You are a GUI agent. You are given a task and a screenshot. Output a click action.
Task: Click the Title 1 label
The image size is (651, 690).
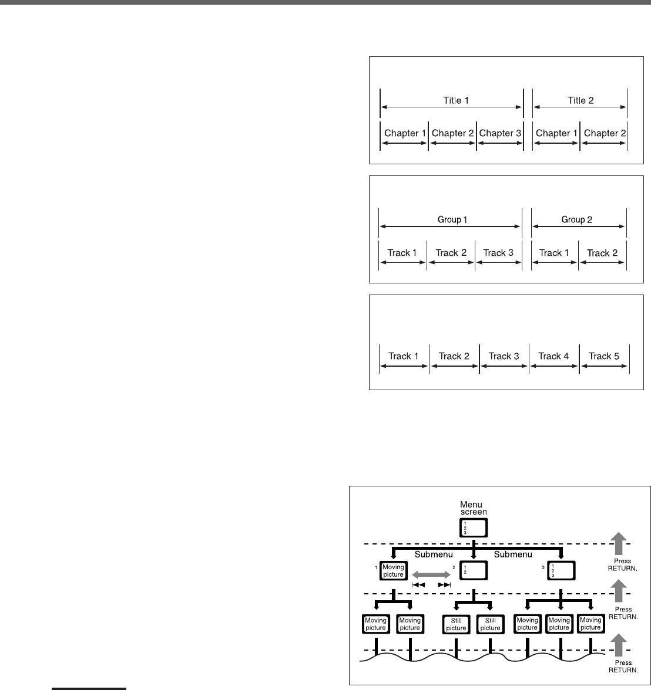[x=456, y=100]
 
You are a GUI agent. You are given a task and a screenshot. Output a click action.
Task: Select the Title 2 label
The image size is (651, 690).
[x=580, y=100]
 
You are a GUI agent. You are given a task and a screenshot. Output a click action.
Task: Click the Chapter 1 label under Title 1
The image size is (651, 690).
[x=405, y=133]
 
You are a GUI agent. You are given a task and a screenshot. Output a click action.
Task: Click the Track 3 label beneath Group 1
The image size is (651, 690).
[x=498, y=253]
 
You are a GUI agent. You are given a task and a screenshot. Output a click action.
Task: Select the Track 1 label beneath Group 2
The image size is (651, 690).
[x=555, y=253]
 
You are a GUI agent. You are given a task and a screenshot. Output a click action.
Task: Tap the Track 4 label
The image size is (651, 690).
[x=555, y=356]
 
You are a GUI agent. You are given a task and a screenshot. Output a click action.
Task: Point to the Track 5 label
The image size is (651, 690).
[x=604, y=356]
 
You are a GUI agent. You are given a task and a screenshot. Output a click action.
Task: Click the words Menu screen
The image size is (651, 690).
[x=472, y=508]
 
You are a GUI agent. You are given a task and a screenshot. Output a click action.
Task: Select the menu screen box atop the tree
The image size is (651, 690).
[x=473, y=528]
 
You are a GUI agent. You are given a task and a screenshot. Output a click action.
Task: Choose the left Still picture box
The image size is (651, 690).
[x=456, y=623]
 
